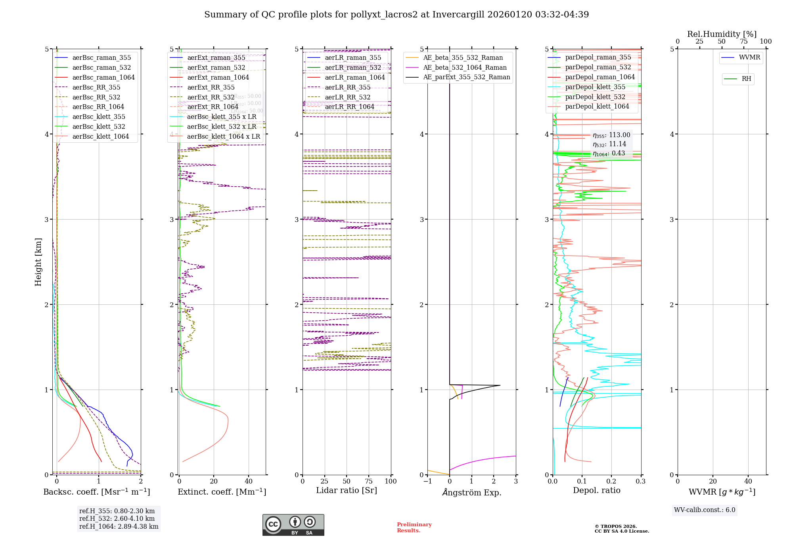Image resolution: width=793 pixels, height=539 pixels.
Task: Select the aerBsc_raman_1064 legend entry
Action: (x=103, y=77)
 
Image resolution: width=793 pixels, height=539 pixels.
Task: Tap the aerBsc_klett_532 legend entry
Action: (x=98, y=126)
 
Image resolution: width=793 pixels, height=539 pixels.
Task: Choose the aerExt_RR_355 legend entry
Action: (x=211, y=87)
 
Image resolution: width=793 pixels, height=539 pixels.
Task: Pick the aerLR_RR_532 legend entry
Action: (x=347, y=97)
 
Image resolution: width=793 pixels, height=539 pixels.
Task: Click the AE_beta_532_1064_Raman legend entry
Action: (x=465, y=67)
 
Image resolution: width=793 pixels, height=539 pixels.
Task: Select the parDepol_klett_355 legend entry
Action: (x=595, y=87)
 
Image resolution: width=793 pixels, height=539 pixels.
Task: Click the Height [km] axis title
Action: (x=38, y=262)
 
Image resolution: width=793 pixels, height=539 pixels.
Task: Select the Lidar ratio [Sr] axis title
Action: (x=346, y=490)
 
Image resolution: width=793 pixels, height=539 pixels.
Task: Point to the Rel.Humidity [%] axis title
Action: (x=722, y=34)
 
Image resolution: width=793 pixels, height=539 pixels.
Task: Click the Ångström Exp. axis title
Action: (x=471, y=492)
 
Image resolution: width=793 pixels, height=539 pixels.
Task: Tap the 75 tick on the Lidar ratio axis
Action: (x=369, y=481)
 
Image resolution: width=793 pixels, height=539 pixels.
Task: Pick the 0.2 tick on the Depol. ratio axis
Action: (x=611, y=481)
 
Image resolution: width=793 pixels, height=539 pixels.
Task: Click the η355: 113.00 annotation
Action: (x=611, y=135)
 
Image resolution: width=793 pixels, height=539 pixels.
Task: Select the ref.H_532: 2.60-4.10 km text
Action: (x=117, y=518)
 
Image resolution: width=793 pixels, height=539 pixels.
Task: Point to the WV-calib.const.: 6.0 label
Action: (x=705, y=510)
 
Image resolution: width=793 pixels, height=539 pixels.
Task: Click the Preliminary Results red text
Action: (x=414, y=528)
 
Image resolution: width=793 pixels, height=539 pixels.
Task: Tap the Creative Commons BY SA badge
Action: (x=293, y=525)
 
